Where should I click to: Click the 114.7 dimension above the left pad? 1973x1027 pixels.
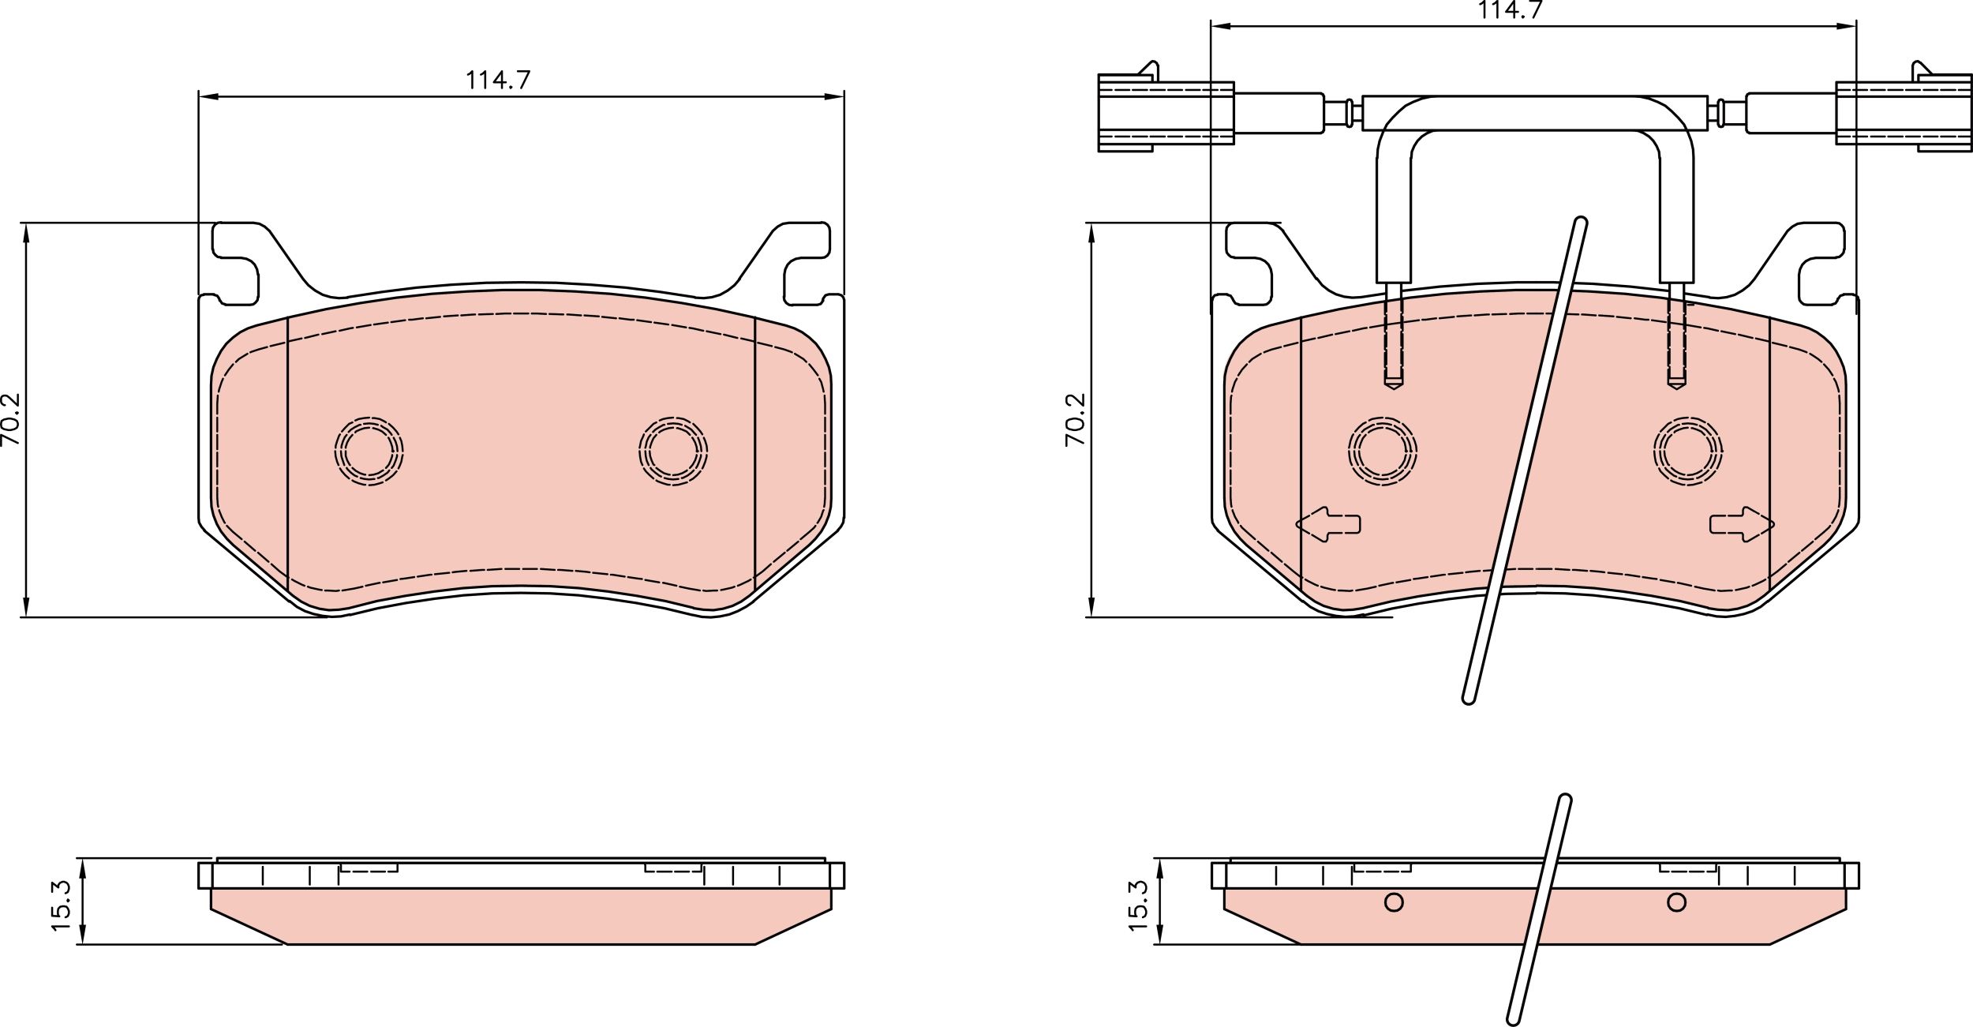pos(498,80)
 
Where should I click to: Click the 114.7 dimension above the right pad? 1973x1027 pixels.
pos(1511,10)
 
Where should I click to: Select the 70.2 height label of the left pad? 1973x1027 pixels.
pos(12,419)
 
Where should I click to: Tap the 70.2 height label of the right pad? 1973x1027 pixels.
pos(1076,419)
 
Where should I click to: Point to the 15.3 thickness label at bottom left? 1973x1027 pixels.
pos(62,906)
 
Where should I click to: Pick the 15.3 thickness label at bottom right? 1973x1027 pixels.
pos(1138,906)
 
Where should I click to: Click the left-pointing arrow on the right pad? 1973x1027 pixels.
pos(1327,524)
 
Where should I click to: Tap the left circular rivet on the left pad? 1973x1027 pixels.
pos(369,451)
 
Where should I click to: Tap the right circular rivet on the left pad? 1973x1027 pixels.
pos(673,451)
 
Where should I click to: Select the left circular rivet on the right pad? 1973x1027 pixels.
pos(1382,451)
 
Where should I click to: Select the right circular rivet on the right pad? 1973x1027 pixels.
pos(1687,451)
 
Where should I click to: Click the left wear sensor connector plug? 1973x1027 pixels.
pos(1165,114)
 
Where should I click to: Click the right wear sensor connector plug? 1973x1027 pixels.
pos(1903,114)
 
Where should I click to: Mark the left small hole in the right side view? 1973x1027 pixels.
pos(1394,902)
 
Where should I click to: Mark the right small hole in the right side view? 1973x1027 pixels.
pos(1676,902)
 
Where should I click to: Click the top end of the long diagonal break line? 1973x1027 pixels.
pos(1579,223)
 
